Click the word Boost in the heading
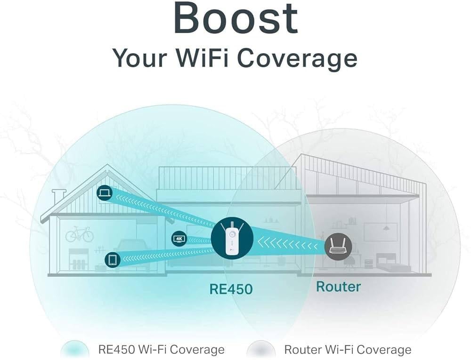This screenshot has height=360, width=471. click(236, 17)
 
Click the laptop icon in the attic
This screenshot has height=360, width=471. click(105, 192)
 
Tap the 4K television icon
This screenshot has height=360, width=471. click(179, 239)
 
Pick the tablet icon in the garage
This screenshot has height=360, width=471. click(113, 259)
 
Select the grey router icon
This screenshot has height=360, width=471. click(338, 246)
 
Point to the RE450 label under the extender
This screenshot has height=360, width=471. click(231, 289)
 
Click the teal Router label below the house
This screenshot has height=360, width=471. click(338, 287)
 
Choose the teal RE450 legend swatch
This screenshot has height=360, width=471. click(74, 350)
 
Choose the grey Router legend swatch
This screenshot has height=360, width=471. click(261, 350)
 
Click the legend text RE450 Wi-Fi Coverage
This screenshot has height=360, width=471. click(161, 350)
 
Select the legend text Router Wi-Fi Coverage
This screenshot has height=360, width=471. click(348, 350)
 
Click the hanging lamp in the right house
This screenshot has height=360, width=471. click(387, 225)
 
